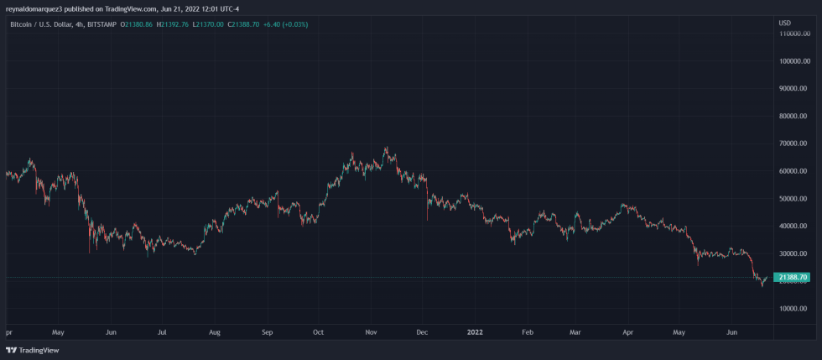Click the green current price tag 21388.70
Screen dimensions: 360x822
tap(793, 277)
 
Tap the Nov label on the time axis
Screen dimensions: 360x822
tap(371, 332)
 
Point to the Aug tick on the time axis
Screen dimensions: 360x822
tap(215, 332)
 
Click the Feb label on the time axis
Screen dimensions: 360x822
tap(528, 332)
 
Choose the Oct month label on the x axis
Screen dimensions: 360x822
tap(318, 332)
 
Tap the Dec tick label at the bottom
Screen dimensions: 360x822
tap(423, 332)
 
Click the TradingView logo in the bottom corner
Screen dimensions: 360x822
tap(27, 350)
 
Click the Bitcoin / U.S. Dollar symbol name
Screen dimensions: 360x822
tap(41, 24)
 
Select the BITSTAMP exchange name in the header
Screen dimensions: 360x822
tap(102, 24)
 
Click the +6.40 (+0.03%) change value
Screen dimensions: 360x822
tap(284, 24)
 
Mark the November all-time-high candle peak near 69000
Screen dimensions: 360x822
tap(386, 148)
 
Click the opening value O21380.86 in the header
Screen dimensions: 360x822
tap(137, 24)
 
